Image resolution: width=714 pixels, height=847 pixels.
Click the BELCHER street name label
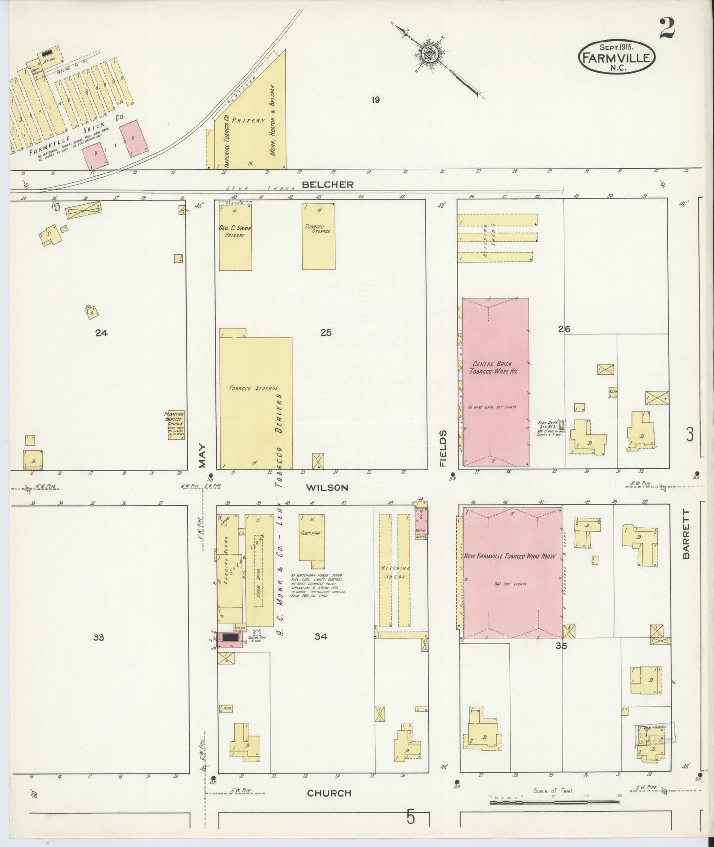[x=328, y=185]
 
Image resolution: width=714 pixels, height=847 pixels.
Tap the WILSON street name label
[x=327, y=487]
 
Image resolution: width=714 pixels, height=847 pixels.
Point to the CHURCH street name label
[x=329, y=793]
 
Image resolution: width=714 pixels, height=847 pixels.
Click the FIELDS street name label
[x=443, y=449]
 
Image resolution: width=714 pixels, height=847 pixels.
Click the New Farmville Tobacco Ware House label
[x=510, y=556]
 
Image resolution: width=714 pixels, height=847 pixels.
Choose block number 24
[x=101, y=333]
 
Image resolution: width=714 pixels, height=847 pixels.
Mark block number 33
[x=99, y=637]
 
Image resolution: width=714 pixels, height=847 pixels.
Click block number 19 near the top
[x=375, y=100]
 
